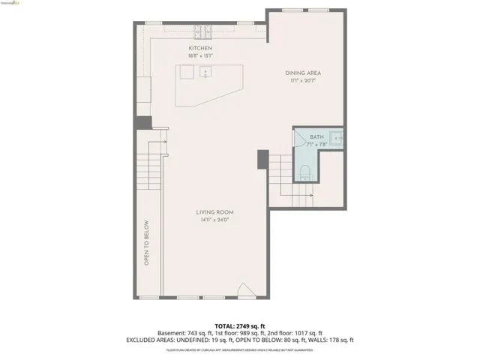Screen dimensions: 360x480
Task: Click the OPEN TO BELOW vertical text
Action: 146,242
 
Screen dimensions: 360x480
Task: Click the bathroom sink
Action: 337,138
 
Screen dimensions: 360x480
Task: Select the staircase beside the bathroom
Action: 289,180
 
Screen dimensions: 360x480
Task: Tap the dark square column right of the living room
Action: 262,159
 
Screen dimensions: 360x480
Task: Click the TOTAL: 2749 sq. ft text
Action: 240,326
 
